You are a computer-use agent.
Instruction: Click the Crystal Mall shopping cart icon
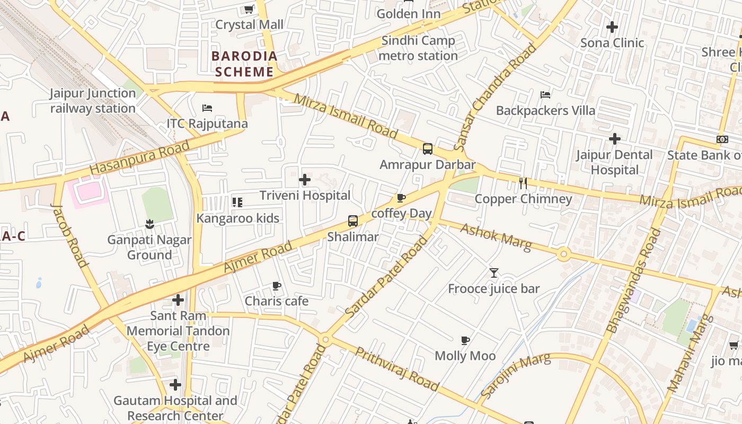click(x=249, y=9)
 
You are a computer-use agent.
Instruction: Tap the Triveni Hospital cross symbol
click(x=305, y=180)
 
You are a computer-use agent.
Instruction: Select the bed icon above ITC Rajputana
click(x=207, y=108)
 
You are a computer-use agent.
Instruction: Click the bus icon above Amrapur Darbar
click(x=428, y=149)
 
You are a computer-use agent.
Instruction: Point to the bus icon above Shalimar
click(x=353, y=221)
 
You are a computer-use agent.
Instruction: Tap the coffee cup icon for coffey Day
click(x=401, y=198)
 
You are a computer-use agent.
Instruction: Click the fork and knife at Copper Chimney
click(x=523, y=183)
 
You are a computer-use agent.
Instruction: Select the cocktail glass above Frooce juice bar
click(x=494, y=273)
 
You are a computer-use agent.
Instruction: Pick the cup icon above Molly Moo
click(x=465, y=340)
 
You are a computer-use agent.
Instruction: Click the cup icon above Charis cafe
click(x=277, y=286)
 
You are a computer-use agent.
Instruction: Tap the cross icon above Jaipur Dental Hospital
click(x=615, y=139)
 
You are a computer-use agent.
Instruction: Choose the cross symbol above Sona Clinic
click(x=612, y=27)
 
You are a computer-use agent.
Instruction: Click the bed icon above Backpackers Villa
click(x=545, y=95)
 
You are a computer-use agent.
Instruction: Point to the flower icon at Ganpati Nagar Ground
click(x=149, y=224)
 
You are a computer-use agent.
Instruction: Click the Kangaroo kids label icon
click(x=237, y=202)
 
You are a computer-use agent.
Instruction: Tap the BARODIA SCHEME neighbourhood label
click(x=244, y=64)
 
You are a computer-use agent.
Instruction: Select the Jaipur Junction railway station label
click(x=93, y=101)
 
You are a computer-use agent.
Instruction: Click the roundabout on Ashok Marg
click(x=563, y=255)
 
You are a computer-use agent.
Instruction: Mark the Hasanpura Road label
click(x=139, y=158)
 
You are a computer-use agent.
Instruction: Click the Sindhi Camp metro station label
click(x=419, y=48)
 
